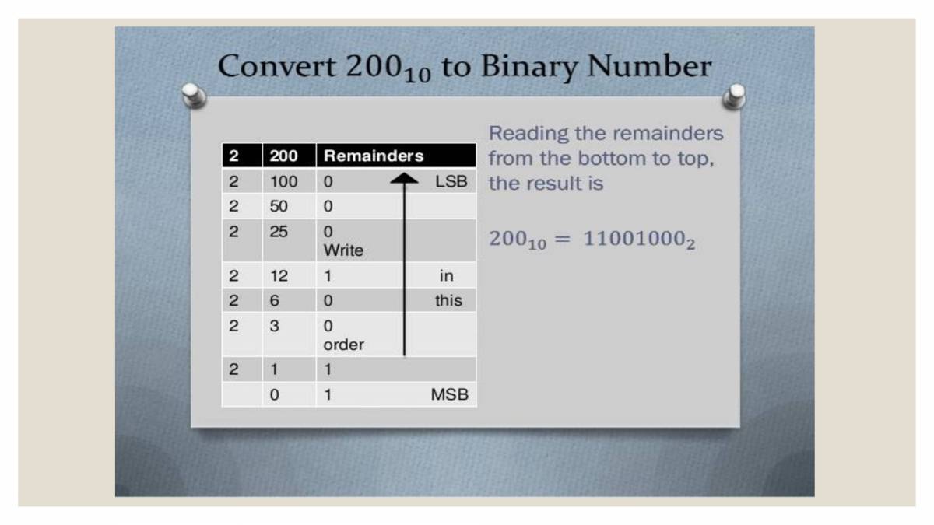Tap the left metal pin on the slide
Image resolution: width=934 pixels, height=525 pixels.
(x=193, y=96)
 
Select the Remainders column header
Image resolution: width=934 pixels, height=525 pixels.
(x=374, y=156)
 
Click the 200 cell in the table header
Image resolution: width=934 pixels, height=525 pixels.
(x=283, y=156)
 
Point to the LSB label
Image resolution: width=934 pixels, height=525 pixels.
(x=451, y=182)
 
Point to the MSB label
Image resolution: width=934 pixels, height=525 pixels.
(x=449, y=394)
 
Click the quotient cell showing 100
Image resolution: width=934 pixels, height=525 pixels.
(x=283, y=182)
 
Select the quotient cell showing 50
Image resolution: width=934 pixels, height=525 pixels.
(x=279, y=207)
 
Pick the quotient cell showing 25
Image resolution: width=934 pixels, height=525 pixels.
(x=279, y=232)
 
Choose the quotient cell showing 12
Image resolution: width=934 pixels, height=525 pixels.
(x=279, y=275)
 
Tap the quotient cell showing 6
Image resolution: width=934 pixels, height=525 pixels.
(x=274, y=300)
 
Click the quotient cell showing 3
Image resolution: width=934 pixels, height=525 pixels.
(x=274, y=326)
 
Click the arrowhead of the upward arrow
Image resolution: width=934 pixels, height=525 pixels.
(x=404, y=180)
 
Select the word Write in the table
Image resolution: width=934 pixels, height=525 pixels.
(x=343, y=250)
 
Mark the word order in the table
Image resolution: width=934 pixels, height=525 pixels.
(x=343, y=345)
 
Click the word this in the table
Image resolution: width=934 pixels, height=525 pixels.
(x=448, y=300)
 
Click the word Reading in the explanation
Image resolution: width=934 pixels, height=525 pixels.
(x=528, y=133)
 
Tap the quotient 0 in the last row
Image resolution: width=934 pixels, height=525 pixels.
(x=274, y=394)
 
